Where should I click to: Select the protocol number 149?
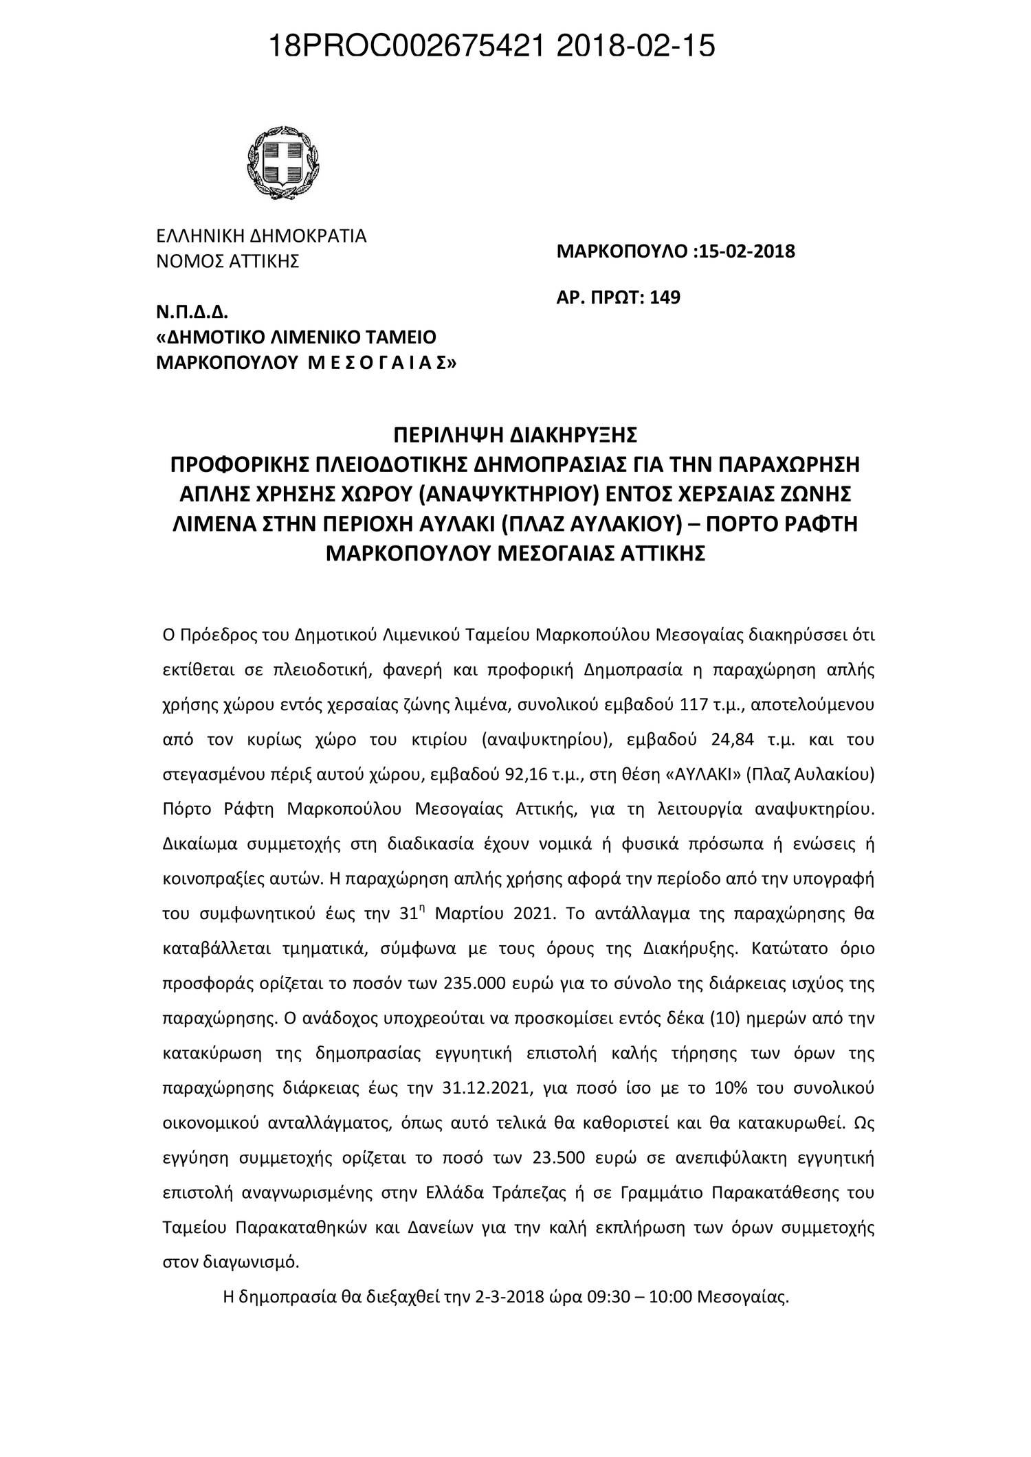click(x=666, y=298)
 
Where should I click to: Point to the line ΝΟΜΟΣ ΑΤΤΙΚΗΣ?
click(x=228, y=262)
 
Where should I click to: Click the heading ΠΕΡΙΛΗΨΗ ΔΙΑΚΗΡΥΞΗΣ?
click(x=515, y=435)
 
